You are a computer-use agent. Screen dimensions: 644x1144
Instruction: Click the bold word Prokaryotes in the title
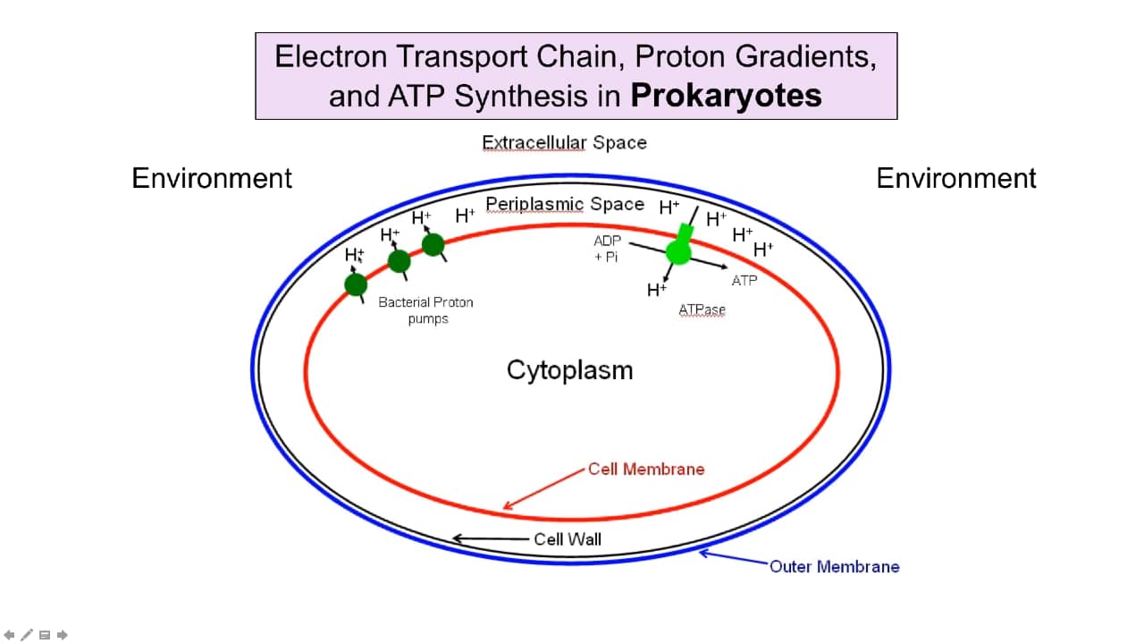726,95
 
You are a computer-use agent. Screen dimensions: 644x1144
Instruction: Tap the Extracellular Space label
564,142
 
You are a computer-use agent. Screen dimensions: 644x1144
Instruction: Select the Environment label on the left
212,178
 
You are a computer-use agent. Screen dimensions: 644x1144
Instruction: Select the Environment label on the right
956,178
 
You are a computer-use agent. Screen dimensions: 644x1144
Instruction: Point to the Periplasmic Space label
565,204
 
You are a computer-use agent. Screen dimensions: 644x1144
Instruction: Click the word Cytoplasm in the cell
569,369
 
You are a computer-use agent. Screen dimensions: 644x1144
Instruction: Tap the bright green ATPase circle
678,252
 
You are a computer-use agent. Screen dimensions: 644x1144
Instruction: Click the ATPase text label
702,309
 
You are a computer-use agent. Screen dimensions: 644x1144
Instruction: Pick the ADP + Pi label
607,249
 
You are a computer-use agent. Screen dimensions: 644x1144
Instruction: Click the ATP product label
744,280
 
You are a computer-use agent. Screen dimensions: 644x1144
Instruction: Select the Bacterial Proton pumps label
425,309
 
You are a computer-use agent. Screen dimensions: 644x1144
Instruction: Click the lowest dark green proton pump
356,284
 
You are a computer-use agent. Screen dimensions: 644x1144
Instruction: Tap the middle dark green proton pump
400,261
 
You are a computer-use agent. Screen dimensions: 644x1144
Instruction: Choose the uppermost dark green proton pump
433,244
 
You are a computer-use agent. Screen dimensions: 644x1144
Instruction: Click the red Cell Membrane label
646,469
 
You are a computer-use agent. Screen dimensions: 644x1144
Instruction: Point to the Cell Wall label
568,538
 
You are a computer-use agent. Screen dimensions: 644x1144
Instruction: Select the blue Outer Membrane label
834,566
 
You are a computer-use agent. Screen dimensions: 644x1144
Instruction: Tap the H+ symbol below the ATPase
656,289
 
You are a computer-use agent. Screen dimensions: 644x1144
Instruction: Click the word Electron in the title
332,56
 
